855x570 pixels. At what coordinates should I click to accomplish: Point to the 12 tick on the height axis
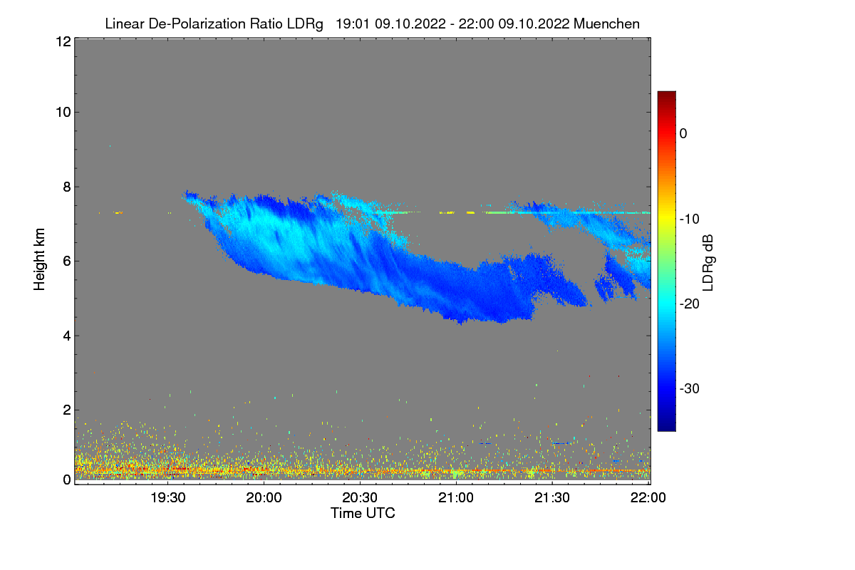pos(62,41)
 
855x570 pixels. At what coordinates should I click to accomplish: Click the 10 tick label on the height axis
pos(62,112)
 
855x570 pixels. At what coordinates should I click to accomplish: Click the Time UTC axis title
pos(363,512)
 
